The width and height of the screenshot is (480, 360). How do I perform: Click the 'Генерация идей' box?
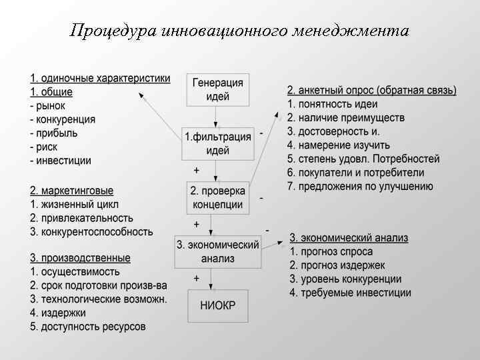point(217,89)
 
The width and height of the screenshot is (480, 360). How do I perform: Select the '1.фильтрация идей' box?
point(217,143)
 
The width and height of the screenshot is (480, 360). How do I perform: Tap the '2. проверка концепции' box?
point(217,197)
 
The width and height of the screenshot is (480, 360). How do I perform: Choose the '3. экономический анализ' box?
point(217,251)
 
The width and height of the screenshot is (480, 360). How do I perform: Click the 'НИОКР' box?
point(217,307)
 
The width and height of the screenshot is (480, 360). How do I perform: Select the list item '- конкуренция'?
point(62,119)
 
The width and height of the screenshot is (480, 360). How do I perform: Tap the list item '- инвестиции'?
point(60,160)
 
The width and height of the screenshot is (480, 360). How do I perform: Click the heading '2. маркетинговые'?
point(71,191)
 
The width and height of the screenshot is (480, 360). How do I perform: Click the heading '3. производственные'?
point(80,258)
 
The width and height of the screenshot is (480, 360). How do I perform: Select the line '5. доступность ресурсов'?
point(87,327)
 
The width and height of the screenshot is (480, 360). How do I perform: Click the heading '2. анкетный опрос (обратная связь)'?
point(371,90)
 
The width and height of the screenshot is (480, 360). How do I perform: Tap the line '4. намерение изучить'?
point(339,145)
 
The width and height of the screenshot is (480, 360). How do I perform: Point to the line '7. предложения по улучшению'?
point(360,186)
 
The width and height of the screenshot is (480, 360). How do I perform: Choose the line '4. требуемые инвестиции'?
point(350,293)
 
